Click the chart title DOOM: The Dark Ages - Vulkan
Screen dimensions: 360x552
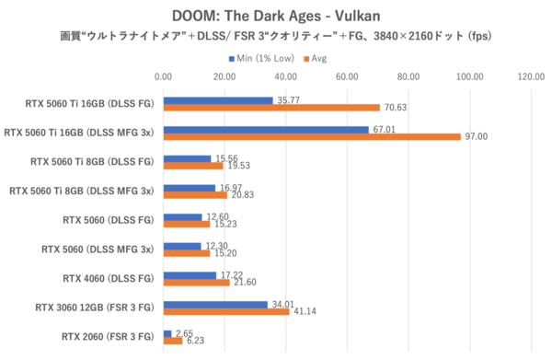click(276, 17)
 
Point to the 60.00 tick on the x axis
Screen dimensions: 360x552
click(347, 77)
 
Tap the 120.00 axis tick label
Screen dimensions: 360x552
click(531, 77)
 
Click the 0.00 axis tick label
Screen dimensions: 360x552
click(163, 77)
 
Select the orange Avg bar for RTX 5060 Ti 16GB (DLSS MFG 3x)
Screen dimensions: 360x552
click(312, 137)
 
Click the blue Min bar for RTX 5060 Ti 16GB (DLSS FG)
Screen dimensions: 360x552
click(218, 100)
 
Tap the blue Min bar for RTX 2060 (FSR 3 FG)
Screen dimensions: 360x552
click(167, 334)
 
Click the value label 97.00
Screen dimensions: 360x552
click(476, 137)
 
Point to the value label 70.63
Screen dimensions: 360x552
click(395, 108)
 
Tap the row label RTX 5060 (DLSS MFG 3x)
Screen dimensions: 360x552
click(102, 249)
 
